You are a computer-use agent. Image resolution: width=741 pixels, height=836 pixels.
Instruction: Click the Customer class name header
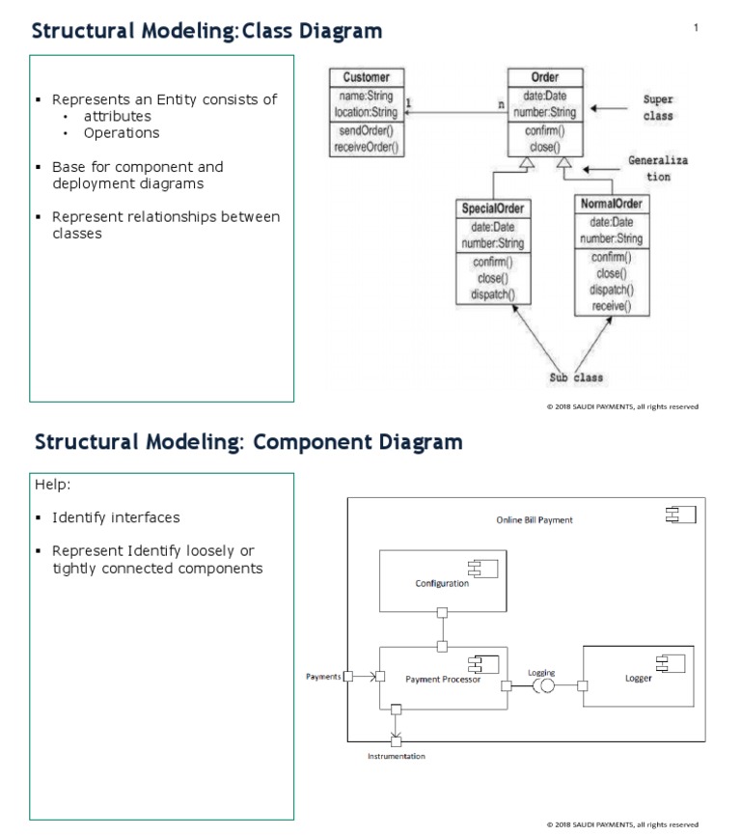(x=366, y=77)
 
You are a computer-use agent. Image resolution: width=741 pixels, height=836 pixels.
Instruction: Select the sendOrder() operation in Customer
(x=366, y=131)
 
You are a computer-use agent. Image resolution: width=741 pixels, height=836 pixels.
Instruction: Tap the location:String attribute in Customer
(x=366, y=112)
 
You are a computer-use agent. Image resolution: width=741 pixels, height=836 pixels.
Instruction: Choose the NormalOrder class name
(x=612, y=204)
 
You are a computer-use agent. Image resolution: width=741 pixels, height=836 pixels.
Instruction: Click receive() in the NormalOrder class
(x=611, y=306)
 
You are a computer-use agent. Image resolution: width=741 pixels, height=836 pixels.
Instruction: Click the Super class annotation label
(x=658, y=107)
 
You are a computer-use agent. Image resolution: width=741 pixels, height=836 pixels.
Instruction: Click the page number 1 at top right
(x=696, y=27)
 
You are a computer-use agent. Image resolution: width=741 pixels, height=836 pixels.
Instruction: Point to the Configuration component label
(x=442, y=583)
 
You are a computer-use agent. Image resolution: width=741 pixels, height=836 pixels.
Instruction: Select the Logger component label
(x=639, y=678)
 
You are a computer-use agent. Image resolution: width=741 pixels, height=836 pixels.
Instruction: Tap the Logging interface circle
(x=544, y=686)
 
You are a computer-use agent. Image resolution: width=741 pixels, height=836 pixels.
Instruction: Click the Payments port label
(x=323, y=677)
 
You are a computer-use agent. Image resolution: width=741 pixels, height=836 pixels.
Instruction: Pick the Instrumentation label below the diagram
(x=396, y=756)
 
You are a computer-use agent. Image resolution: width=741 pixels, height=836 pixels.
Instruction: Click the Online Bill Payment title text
(x=534, y=519)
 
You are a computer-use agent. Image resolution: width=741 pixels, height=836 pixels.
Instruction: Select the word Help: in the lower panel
(x=53, y=484)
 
